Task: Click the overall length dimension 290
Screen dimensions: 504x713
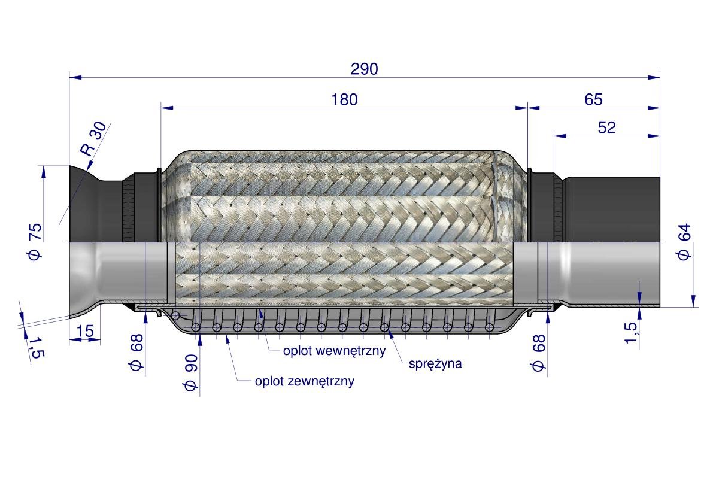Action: tap(364, 69)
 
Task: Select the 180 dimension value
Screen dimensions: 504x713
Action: tap(344, 100)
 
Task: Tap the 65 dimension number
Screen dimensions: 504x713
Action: tap(593, 100)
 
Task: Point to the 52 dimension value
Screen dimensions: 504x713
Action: tap(606, 127)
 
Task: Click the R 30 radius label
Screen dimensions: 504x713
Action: tap(93, 139)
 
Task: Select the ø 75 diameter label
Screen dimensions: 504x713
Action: tap(35, 241)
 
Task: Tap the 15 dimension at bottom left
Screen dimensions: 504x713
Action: tap(85, 331)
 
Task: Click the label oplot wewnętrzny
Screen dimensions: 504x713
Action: tap(334, 351)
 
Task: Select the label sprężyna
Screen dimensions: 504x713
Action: tap(435, 363)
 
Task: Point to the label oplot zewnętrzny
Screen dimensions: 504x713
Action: tap(304, 381)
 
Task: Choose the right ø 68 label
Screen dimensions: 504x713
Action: tap(539, 353)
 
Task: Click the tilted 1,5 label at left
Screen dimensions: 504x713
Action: tap(36, 347)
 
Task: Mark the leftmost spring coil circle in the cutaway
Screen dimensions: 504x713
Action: tap(196, 327)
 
